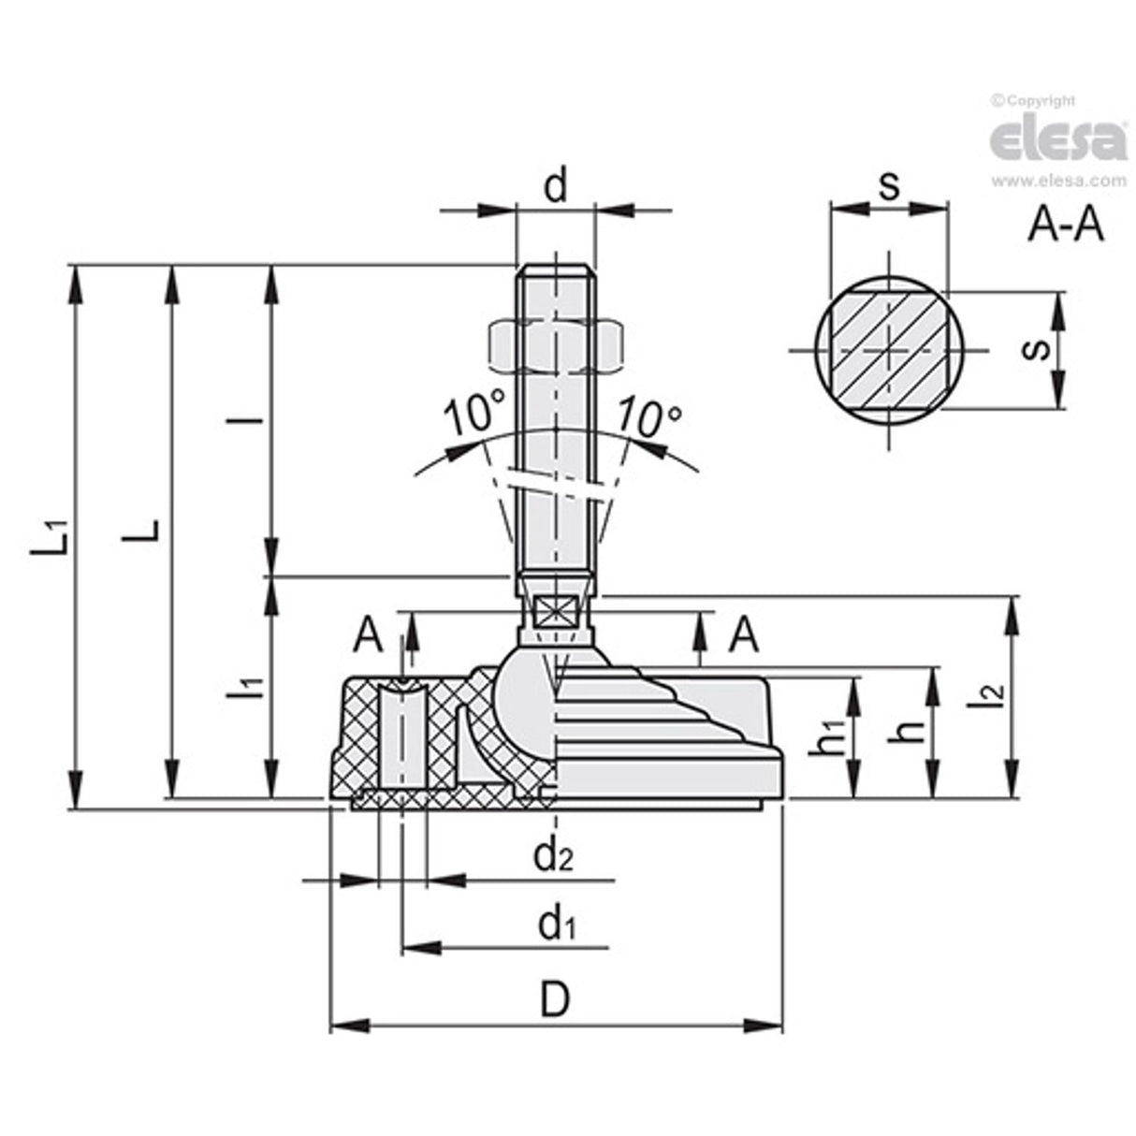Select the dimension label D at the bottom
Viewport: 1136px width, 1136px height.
(x=555, y=999)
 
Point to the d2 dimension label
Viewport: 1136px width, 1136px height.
(x=553, y=853)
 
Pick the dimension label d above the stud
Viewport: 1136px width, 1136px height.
(x=556, y=186)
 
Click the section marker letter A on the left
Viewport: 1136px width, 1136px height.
(x=369, y=636)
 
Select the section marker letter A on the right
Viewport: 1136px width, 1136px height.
(x=743, y=636)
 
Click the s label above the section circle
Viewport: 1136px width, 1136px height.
(x=888, y=185)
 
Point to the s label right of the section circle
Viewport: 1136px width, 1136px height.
(x=1031, y=350)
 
